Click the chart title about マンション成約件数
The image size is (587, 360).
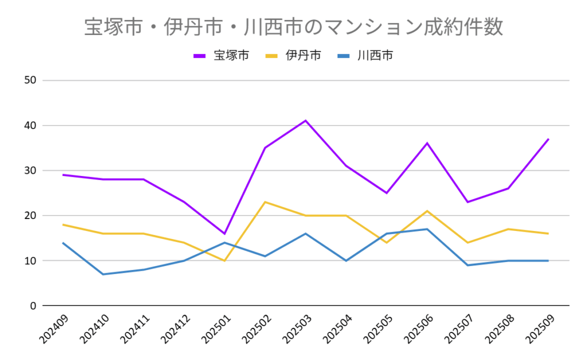click(293, 27)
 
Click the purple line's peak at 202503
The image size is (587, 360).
click(306, 120)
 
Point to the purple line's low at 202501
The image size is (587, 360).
click(225, 233)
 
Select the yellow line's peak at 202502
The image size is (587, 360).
click(265, 202)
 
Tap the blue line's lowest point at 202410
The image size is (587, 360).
click(103, 274)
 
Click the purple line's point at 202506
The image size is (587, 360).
click(427, 143)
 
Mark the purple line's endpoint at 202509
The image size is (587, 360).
click(549, 139)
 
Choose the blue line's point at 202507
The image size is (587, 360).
click(468, 265)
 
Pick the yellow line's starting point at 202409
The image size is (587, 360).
click(63, 225)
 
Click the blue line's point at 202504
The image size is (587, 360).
click(346, 260)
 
